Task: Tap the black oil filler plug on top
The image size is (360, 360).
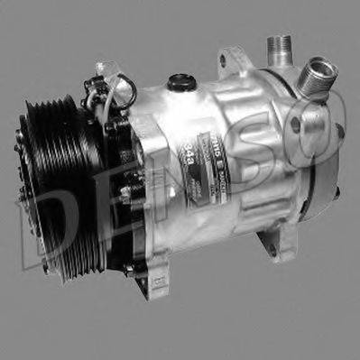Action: (x=183, y=82)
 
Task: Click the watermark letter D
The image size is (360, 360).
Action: (x=45, y=226)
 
